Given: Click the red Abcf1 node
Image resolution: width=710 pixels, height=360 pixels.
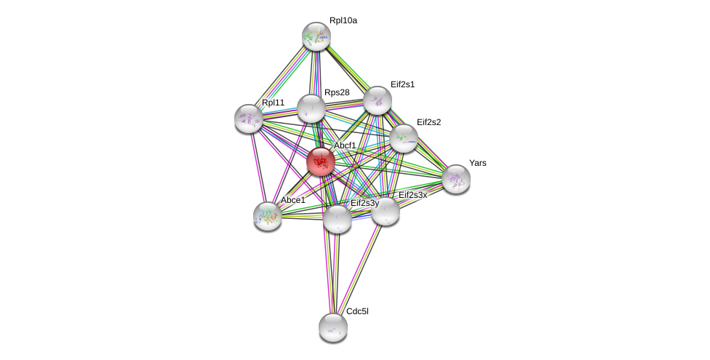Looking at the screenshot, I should pos(320,161).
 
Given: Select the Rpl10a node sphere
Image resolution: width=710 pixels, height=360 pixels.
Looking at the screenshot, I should pos(316,36).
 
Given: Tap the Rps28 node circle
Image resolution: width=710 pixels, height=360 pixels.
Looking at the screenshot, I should pos(311,108).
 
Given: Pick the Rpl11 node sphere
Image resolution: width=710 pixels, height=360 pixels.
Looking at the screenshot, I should pos(248,118).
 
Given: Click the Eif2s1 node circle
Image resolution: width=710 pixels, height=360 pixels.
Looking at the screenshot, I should pos(377,100).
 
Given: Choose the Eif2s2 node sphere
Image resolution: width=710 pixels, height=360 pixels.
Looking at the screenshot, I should pos(403,137).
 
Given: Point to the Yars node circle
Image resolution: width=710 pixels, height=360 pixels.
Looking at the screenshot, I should pos(456,178).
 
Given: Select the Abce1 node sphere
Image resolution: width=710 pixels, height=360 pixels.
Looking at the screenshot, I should pos(267,215).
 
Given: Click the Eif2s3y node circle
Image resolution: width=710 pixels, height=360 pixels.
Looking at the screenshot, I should pos(337,218).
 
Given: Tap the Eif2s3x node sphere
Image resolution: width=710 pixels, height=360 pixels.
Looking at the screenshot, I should pos(385,211).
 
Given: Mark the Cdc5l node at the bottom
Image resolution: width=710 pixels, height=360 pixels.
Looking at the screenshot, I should pos(332,327).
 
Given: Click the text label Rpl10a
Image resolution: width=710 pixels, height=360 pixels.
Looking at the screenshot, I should pos(343,21).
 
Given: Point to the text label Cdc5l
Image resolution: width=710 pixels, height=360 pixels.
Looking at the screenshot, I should pos(357,311).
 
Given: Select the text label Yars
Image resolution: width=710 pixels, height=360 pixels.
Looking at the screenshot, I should pos(477,163).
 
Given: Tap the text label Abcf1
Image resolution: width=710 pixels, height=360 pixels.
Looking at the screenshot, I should pos(345,145).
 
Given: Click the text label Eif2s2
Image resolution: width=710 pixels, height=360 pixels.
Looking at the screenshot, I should pos(428,122).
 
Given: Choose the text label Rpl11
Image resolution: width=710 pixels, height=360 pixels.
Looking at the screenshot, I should pos(273,103).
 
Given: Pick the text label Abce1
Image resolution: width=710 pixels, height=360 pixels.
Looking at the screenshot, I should pos(293,200).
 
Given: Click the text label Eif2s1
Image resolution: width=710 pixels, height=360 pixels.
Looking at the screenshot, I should pos(402,84).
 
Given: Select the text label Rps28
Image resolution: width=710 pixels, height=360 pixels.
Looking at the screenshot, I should pos(337,92).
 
